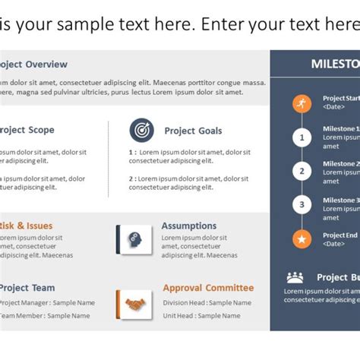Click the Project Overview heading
coord(33,65)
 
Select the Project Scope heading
coord(27,130)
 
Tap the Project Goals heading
coord(193,131)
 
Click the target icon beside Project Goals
coord(141,130)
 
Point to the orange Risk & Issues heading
coord(27,226)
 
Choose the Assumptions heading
coord(188,226)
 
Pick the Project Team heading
coord(27,288)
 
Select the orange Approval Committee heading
coord(208,288)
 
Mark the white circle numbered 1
coord(302,137)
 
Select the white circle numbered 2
coord(302,171)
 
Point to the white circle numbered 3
coord(302,204)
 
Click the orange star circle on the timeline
coord(302,240)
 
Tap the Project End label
coord(339,235)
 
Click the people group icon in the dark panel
coord(295,277)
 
